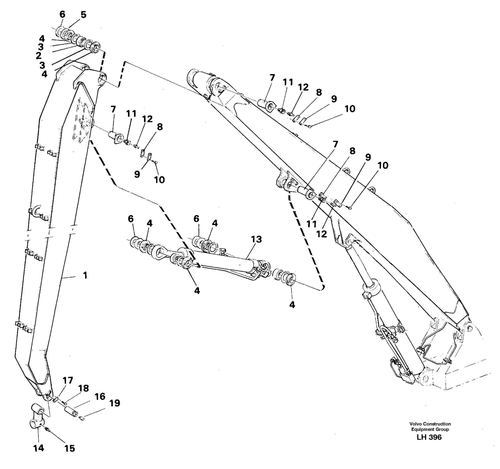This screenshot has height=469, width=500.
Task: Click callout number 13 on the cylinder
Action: (256, 239)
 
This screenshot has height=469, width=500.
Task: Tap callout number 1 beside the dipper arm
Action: (85, 275)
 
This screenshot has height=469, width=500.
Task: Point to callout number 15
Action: (70, 448)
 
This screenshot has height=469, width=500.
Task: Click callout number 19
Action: (115, 403)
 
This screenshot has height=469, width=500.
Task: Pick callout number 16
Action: (100, 396)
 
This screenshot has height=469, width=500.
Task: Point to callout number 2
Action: (39, 56)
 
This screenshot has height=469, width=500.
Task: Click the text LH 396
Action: (429, 437)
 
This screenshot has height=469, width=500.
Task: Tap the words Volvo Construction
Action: (430, 424)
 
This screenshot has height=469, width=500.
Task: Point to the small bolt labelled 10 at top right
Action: (310, 127)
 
